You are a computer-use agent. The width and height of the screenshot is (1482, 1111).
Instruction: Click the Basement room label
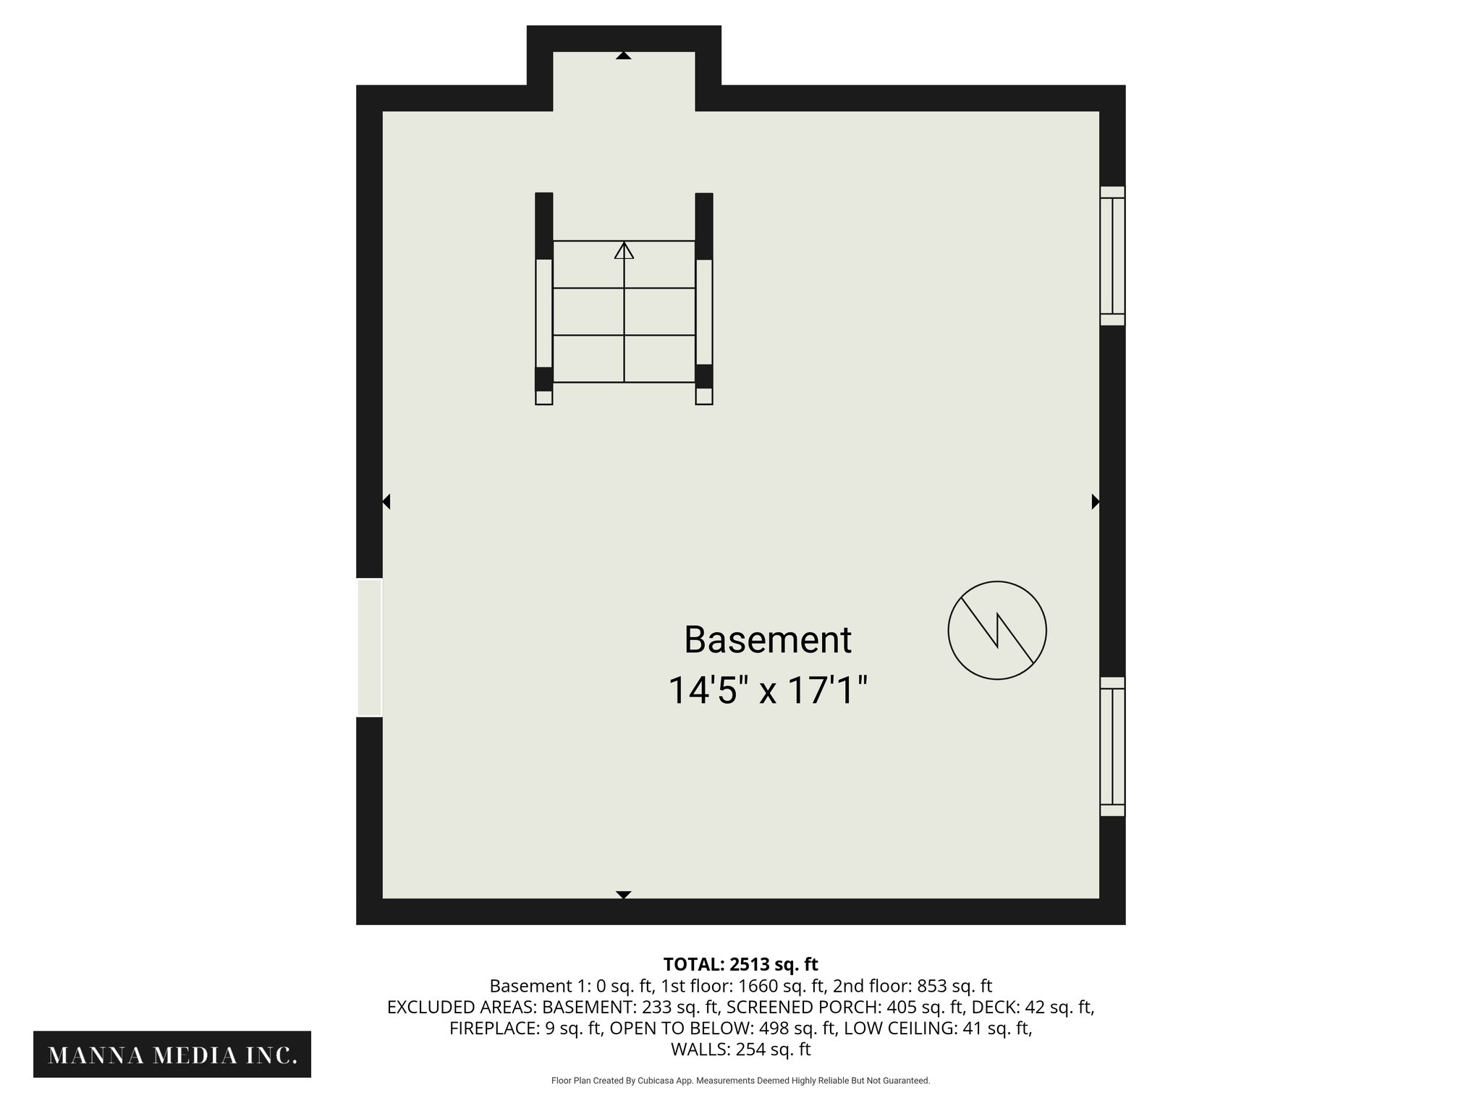pos(767,640)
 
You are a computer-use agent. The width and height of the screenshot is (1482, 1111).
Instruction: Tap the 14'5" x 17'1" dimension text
pos(767,690)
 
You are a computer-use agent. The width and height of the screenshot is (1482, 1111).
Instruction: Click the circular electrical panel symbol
pos(997,630)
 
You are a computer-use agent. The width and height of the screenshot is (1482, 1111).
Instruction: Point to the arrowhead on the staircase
pos(624,250)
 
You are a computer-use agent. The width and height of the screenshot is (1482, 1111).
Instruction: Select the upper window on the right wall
pos(1112,256)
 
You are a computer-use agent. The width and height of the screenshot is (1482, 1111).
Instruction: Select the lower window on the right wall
pos(1112,746)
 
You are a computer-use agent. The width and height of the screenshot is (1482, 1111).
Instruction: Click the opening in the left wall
pos(369,647)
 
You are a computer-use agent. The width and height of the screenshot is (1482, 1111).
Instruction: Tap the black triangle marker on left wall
pos(386,501)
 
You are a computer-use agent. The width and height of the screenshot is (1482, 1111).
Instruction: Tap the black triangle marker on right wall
pos(1096,501)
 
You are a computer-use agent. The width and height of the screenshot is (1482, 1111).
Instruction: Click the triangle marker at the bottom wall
pos(624,895)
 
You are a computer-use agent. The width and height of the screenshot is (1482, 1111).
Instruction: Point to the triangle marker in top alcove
pos(624,56)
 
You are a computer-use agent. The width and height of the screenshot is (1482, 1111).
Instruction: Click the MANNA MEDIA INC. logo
pos(172,1055)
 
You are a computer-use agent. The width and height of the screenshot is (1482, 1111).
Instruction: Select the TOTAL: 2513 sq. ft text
pos(740,964)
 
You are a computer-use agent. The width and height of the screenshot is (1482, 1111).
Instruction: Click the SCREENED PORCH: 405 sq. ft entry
pos(845,1007)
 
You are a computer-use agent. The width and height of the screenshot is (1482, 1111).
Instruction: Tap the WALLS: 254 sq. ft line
pos(740,1050)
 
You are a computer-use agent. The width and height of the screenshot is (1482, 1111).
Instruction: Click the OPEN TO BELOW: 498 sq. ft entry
pos(723,1028)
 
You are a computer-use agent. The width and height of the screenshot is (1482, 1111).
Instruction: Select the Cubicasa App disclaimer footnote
pos(740,1081)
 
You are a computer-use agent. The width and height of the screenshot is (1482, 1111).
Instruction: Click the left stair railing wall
pos(544,298)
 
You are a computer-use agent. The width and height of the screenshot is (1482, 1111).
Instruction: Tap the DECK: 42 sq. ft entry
pos(1033,1007)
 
